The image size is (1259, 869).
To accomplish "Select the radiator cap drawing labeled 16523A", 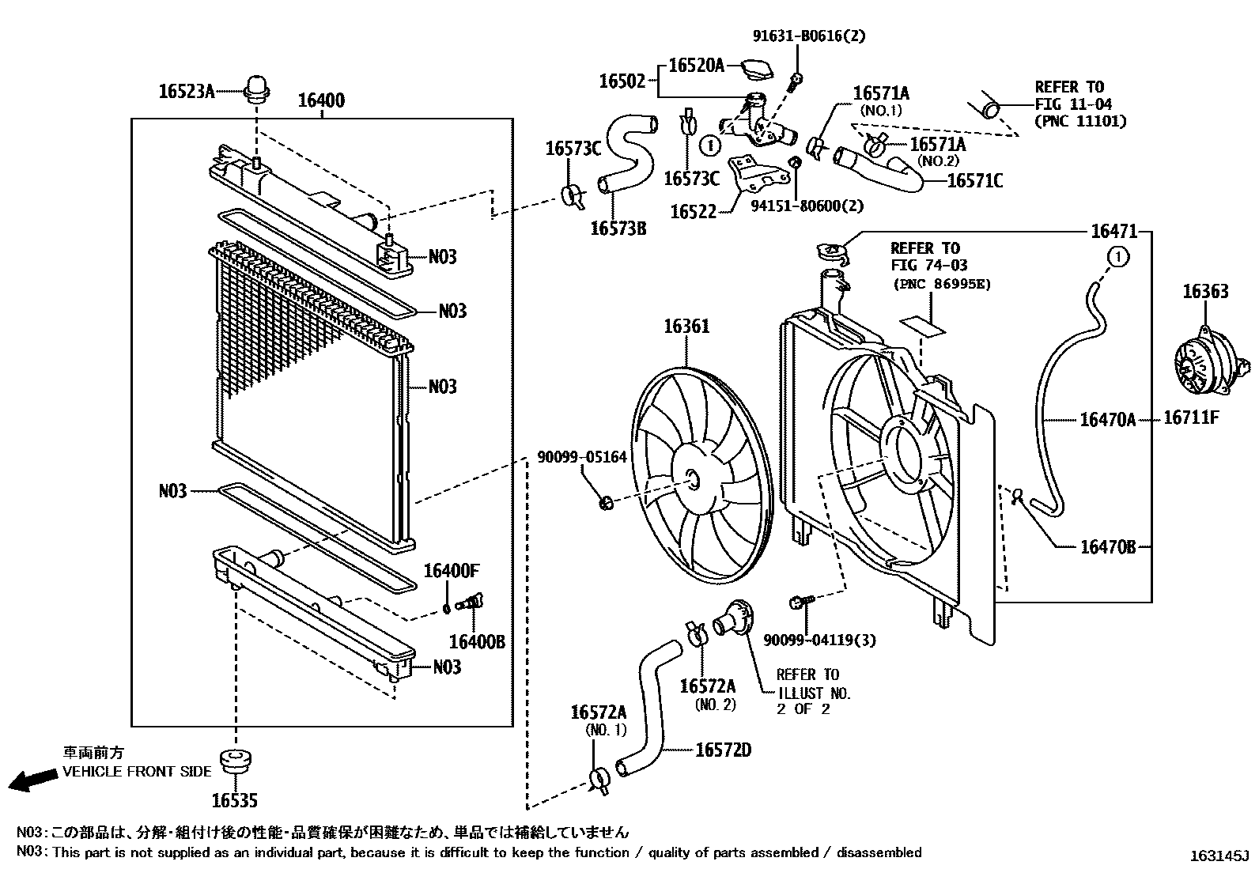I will point(257,89).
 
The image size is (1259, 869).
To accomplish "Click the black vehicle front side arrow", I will point(32,780).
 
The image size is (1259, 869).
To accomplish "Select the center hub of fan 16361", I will point(692,478).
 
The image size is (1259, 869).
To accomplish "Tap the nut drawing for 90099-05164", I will point(606,501).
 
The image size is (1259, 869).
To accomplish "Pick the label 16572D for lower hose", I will point(723,749).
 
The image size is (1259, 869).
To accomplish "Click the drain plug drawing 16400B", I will point(471,605).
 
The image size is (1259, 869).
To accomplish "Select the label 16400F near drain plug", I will point(452,571).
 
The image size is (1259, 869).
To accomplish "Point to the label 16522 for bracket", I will point(693,212).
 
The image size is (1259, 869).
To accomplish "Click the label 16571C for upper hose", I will point(974,181).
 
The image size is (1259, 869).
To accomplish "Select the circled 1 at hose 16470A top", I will point(1117,256).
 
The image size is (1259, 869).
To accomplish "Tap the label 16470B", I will point(1107,546).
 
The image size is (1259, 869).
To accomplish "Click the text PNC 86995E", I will point(941,284).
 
